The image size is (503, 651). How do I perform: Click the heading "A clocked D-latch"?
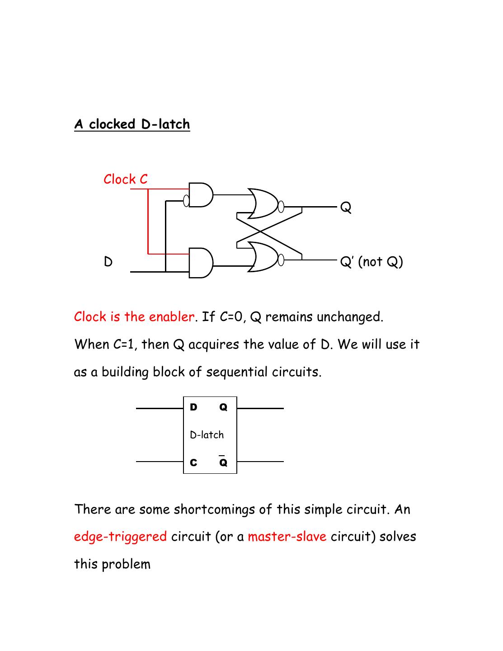(132, 124)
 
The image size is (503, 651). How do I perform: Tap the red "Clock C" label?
(126, 179)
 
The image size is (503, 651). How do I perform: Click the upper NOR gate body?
(263, 203)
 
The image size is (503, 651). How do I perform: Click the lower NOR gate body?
(263, 257)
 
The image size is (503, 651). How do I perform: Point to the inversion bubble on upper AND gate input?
(186, 200)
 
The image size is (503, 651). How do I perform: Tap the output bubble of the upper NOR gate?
(281, 207)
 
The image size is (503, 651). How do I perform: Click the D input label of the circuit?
(108, 262)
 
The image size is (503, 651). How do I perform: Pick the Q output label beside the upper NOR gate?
(346, 208)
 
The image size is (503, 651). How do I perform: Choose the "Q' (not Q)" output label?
(371, 262)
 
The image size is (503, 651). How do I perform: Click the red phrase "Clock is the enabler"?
(134, 316)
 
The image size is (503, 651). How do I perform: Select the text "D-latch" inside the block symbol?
(207, 435)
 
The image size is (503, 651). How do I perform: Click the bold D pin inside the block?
(193, 407)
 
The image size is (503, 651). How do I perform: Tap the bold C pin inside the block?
(193, 462)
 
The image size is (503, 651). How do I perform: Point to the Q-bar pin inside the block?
(223, 462)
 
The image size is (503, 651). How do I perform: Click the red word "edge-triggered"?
(120, 537)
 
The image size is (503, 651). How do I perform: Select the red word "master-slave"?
(287, 537)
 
